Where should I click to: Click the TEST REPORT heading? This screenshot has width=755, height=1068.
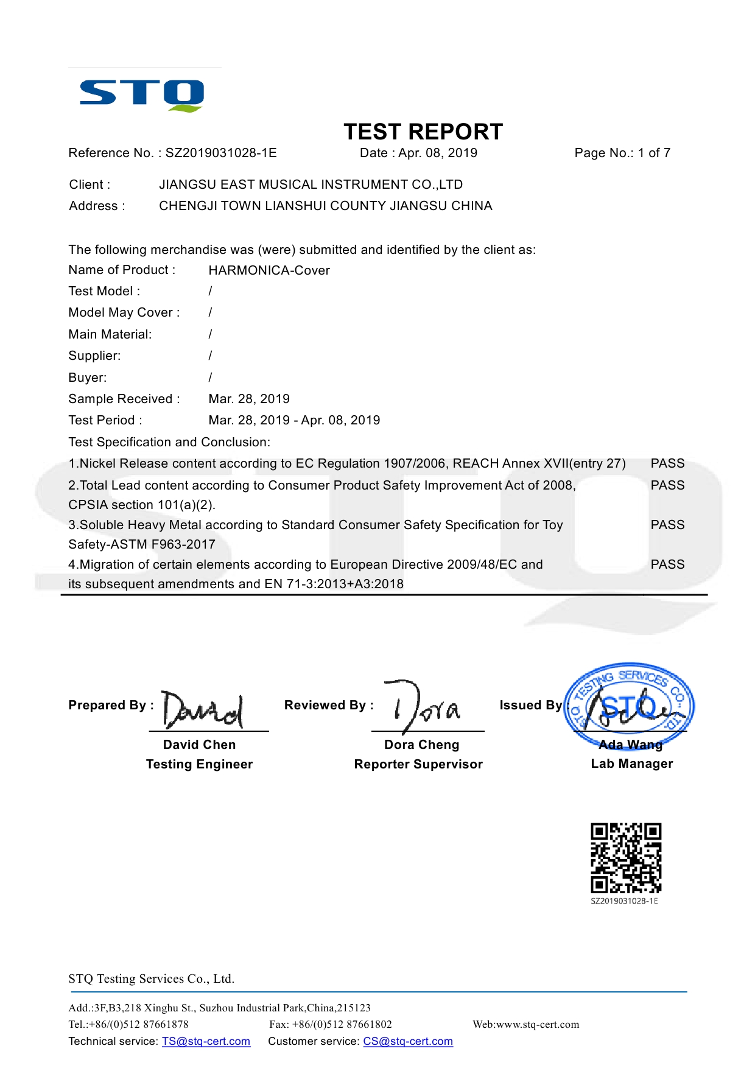point(423,132)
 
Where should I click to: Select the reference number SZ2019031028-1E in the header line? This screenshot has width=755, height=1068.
point(221,153)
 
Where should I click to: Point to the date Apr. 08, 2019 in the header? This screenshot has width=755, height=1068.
point(438,153)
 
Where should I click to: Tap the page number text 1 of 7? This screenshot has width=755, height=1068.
point(654,153)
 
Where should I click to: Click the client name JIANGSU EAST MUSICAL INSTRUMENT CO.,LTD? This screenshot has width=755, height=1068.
point(311,184)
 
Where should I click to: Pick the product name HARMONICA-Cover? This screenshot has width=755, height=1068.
point(269,270)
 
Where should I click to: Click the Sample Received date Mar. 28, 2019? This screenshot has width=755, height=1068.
point(249,399)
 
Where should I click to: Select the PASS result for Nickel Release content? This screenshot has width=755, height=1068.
point(667,463)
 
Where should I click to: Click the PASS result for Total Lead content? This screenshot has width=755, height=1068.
point(667,485)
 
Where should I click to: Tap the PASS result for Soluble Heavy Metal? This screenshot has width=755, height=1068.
point(667,525)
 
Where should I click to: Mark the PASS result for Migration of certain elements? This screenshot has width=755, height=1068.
point(667,564)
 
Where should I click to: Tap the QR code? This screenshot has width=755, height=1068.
point(626,858)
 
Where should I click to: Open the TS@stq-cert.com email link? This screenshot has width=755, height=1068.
point(206,1041)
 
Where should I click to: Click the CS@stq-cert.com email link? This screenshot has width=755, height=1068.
point(408,1041)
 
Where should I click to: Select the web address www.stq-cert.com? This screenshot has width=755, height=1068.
point(538,1024)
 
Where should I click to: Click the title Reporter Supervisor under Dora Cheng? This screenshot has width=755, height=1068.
point(418,764)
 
